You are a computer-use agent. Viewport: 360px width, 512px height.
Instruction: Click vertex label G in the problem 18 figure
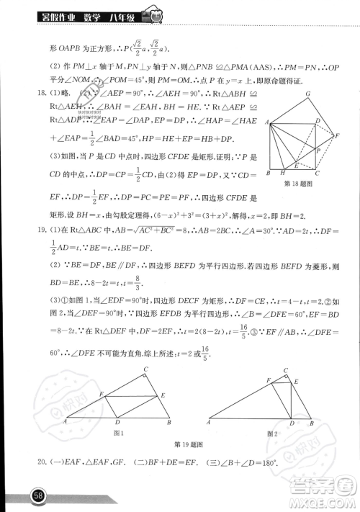[x=307, y=94]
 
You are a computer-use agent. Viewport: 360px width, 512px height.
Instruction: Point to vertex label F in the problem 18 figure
[x=336, y=135]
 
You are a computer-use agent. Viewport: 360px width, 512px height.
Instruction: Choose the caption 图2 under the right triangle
[x=271, y=433]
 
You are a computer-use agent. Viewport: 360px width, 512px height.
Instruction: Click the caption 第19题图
[x=186, y=444]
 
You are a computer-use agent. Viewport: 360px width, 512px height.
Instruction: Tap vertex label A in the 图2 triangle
[x=207, y=422]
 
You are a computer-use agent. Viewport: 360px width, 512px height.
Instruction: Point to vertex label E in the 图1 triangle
[x=164, y=395]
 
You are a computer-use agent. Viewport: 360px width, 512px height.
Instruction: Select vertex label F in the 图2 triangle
[x=269, y=379]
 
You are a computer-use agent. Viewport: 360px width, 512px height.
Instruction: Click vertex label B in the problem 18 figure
[x=268, y=174]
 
